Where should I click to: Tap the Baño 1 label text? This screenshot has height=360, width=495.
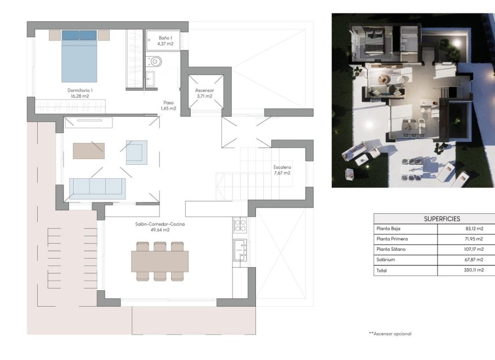(x=165, y=40)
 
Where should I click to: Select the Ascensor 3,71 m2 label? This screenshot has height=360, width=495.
(x=204, y=93)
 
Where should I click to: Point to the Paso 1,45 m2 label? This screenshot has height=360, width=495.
(x=168, y=105)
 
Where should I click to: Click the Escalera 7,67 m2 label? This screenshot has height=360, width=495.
(x=282, y=170)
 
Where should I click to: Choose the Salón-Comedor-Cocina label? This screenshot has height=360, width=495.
(x=160, y=227)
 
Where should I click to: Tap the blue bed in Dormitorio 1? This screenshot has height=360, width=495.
(x=79, y=56)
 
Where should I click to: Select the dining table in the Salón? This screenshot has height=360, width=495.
(x=160, y=261)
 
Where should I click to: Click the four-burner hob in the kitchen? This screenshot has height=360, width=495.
(x=240, y=225)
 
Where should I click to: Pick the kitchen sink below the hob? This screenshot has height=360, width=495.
(x=240, y=249)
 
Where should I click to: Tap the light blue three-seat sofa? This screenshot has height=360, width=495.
(x=97, y=188)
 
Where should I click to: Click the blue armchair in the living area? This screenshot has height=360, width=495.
(x=137, y=152)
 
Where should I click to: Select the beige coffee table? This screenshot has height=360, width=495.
(x=88, y=150)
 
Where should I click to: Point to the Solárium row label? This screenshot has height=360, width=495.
(x=386, y=260)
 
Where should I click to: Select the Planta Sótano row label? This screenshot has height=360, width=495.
(x=390, y=249)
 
